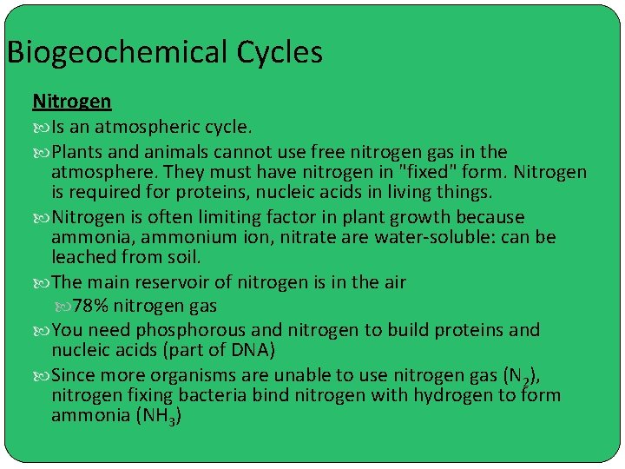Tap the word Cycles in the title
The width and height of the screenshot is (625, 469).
pos(280,53)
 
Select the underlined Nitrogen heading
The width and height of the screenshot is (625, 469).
pos(72,102)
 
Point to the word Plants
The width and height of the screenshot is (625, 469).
pos(78,152)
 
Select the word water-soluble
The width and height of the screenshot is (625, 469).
pos(429,237)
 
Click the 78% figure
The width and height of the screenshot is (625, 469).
pos(90,306)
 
